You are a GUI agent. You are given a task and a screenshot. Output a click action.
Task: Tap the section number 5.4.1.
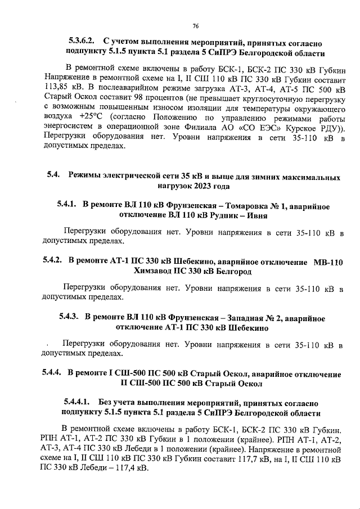pyautogui.click(x=66, y=205)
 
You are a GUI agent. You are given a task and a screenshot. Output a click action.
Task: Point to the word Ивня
pyautogui.click(x=255, y=215)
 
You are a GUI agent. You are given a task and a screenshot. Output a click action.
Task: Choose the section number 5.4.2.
pyautogui.click(x=53, y=261)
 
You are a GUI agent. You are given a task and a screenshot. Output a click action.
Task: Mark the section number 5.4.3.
pyautogui.click(x=70, y=317)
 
